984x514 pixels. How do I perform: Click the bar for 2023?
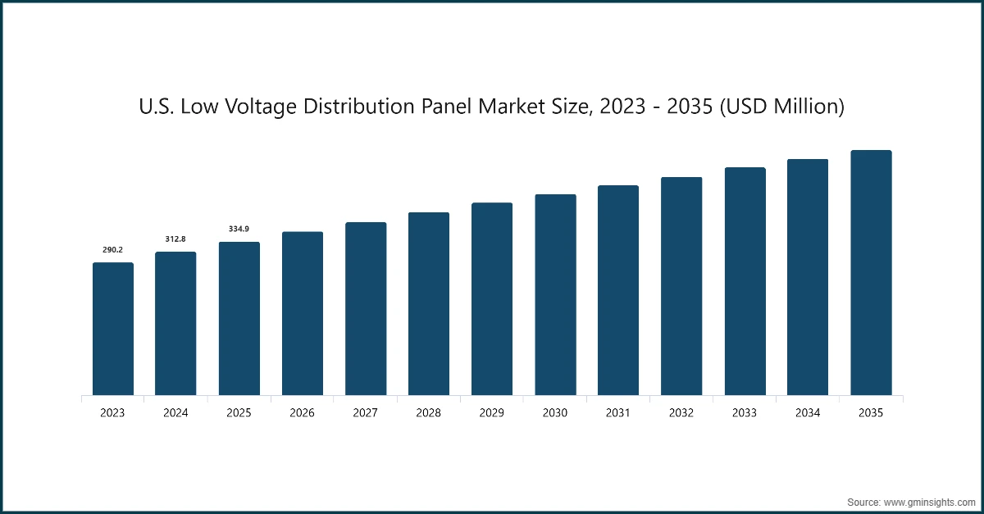[113, 329]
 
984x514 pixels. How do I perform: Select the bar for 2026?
[303, 314]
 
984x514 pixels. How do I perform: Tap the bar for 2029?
[492, 299]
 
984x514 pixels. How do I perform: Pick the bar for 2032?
[681, 286]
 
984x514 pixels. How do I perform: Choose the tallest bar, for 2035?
[871, 273]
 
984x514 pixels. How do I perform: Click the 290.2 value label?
[113, 249]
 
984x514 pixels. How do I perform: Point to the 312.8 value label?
[175, 239]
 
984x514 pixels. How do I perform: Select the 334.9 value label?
[239, 229]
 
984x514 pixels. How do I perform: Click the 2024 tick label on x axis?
[175, 413]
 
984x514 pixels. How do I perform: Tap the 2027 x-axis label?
[366, 413]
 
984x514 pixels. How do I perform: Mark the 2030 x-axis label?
[555, 413]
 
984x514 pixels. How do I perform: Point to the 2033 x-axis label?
[745, 413]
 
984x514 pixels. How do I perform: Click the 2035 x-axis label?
[871, 413]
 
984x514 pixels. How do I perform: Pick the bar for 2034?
[808, 277]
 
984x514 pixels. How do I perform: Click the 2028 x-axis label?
[429, 413]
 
